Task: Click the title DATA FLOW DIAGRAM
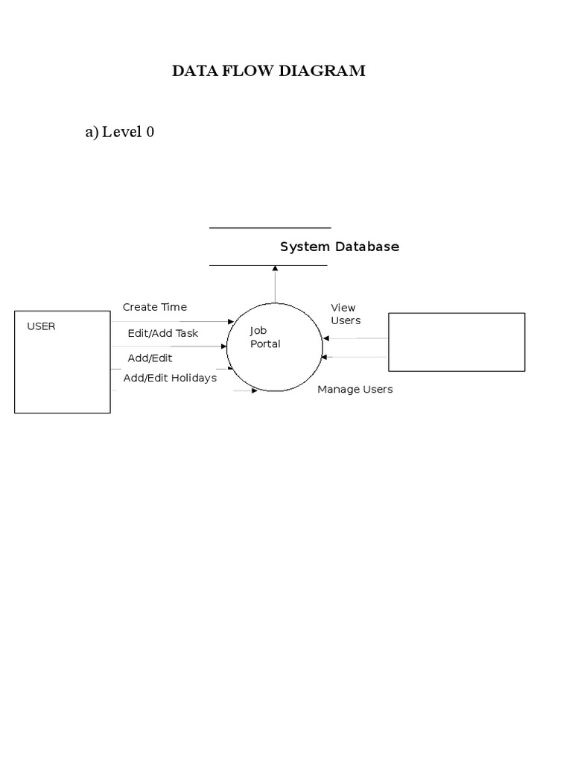pyautogui.click(x=269, y=72)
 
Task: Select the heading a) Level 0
pyautogui.click(x=120, y=133)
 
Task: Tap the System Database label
pyautogui.click(x=339, y=247)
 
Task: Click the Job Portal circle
pyautogui.click(x=275, y=347)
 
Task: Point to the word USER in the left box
pyautogui.click(x=41, y=326)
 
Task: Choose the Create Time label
pyautogui.click(x=155, y=307)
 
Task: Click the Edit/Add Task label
pyautogui.click(x=163, y=333)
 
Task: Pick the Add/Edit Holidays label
pyautogui.click(x=170, y=378)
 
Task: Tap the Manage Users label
pyautogui.click(x=355, y=389)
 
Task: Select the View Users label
pyautogui.click(x=345, y=314)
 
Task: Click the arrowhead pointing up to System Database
pyautogui.click(x=275, y=269)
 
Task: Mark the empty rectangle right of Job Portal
pyautogui.click(x=457, y=342)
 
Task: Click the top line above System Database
pyautogui.click(x=270, y=228)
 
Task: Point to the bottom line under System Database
pyautogui.click(x=268, y=265)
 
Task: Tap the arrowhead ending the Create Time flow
pyautogui.click(x=231, y=322)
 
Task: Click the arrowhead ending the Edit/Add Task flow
pyautogui.click(x=223, y=346)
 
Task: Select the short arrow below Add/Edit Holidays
pyautogui.click(x=246, y=390)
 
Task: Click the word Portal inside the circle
pyautogui.click(x=265, y=344)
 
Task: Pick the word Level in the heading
pyautogui.click(x=122, y=133)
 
